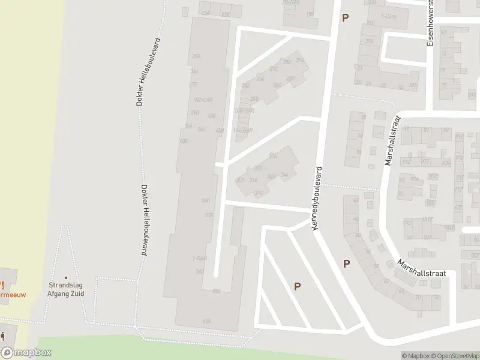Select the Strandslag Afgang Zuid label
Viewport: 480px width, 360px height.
[x=66, y=290]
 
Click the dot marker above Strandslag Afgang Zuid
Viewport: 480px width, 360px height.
[x=66, y=277]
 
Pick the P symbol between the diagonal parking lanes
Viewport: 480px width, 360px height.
[x=297, y=287]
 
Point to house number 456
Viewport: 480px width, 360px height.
[x=220, y=130]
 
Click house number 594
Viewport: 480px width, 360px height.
[x=216, y=291]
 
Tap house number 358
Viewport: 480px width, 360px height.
[x=195, y=56]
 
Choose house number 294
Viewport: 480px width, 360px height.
[x=300, y=61]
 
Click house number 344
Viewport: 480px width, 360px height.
[x=284, y=175]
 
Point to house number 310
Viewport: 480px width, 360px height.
[x=259, y=193]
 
